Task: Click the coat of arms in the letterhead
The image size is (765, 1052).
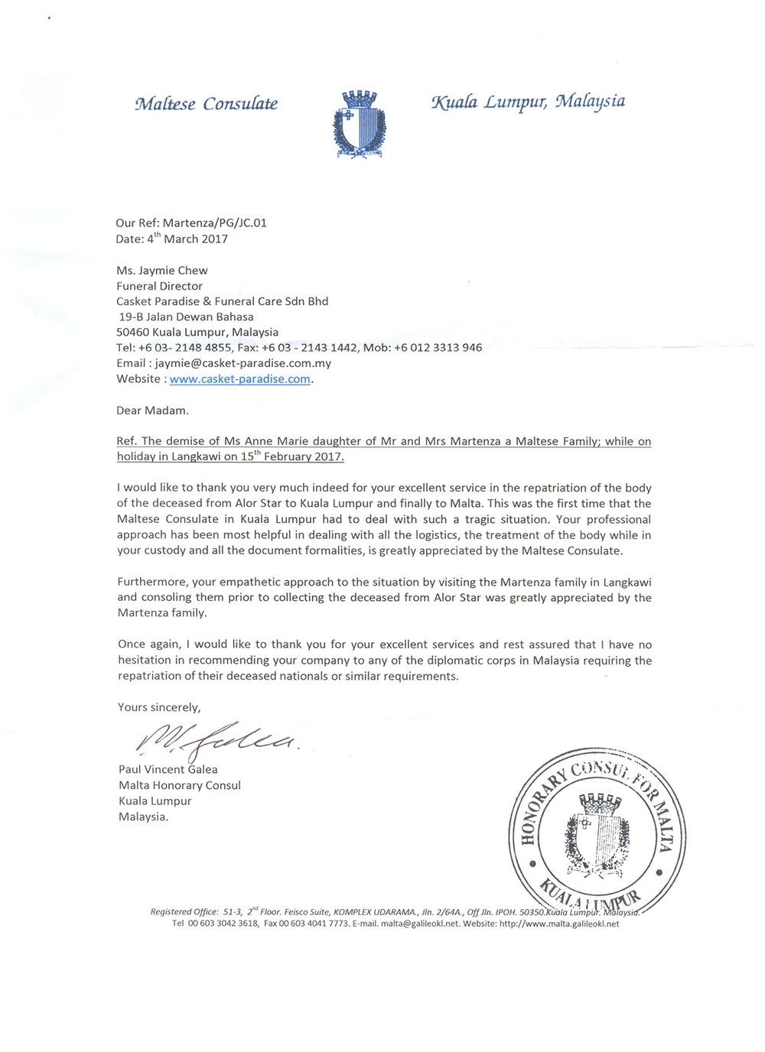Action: pyautogui.click(x=359, y=125)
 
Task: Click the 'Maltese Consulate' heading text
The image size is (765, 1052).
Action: pyautogui.click(x=206, y=104)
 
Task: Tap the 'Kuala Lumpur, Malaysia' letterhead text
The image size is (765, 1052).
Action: pyautogui.click(x=528, y=102)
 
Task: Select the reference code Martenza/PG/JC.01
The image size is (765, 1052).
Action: pyautogui.click(x=215, y=223)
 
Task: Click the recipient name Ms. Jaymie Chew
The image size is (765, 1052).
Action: pyautogui.click(x=162, y=271)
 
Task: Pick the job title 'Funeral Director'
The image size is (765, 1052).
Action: pyautogui.click(x=159, y=286)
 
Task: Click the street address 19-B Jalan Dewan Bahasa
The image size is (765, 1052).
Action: pyautogui.click(x=187, y=317)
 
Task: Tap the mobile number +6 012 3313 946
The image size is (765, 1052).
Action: pyautogui.click(x=438, y=348)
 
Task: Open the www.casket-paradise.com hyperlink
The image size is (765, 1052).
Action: pyautogui.click(x=240, y=379)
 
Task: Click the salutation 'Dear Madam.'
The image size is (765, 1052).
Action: pyautogui.click(x=152, y=411)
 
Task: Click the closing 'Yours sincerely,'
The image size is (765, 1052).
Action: pyautogui.click(x=159, y=707)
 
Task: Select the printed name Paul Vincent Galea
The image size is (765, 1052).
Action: pyautogui.click(x=168, y=770)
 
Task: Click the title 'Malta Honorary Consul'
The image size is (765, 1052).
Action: pyautogui.click(x=180, y=785)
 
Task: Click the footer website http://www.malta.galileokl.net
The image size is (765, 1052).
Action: pyautogui.click(x=559, y=924)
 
